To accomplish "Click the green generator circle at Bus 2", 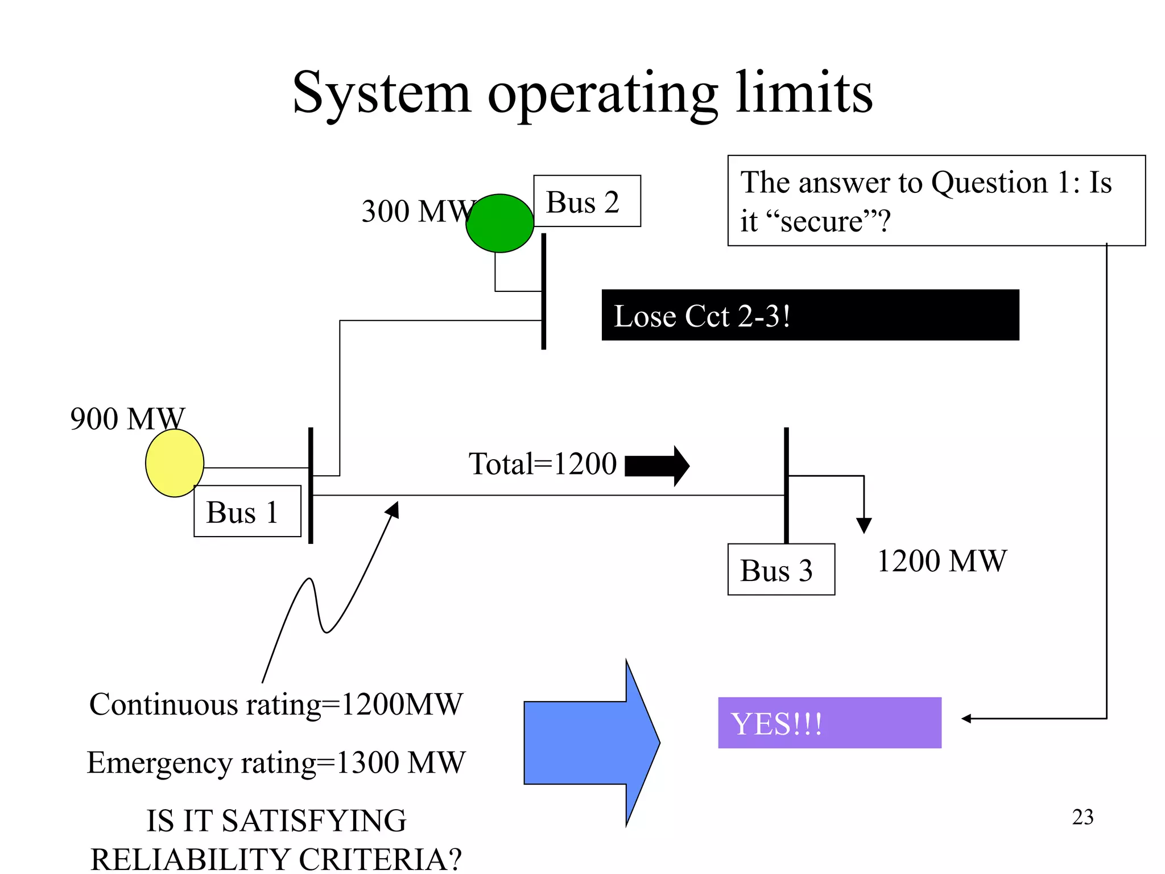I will (x=499, y=223).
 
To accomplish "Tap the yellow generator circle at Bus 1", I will (x=175, y=463).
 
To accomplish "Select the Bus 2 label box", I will (x=586, y=201).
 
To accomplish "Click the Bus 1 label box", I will (x=247, y=511).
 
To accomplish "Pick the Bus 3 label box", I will (x=780, y=569).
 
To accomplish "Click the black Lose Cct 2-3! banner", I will (x=809, y=315).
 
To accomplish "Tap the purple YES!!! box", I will (x=829, y=722).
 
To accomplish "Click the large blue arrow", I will (x=592, y=743).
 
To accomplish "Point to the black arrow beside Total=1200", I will (x=657, y=465).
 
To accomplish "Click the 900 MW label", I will (x=127, y=419).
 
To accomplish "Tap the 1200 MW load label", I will (x=941, y=560).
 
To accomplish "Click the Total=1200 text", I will (x=542, y=463).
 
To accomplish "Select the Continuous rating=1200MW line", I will (x=276, y=704).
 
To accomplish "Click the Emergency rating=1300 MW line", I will (x=276, y=762).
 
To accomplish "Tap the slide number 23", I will (x=1083, y=817).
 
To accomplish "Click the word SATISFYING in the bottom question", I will (x=313, y=821).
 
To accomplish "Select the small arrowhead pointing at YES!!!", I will (x=966, y=719).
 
